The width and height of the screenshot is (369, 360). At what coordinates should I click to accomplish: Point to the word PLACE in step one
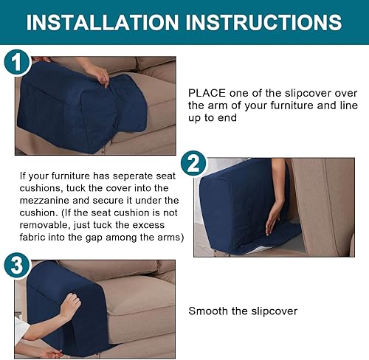coord(207,93)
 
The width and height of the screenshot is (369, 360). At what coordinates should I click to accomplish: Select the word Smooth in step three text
coord(209,311)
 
